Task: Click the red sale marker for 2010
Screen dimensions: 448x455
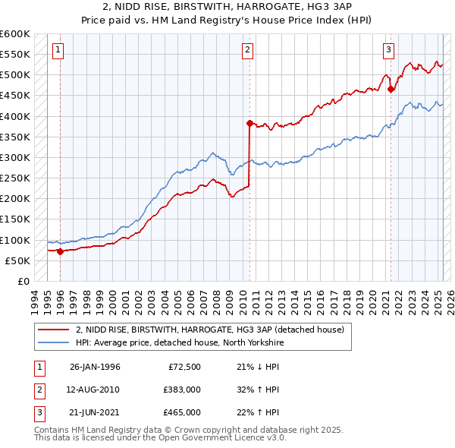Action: click(249, 122)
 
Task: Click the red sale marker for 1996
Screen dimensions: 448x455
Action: click(60, 251)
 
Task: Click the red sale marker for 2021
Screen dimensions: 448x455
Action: click(391, 89)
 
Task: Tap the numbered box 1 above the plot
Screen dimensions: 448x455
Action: click(58, 51)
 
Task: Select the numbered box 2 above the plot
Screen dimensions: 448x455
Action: click(248, 51)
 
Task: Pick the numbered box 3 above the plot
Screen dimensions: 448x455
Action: click(388, 51)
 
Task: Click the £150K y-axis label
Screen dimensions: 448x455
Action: click(15, 219)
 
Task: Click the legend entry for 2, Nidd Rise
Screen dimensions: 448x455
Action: click(210, 330)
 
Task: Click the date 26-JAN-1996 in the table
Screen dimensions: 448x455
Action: click(95, 368)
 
